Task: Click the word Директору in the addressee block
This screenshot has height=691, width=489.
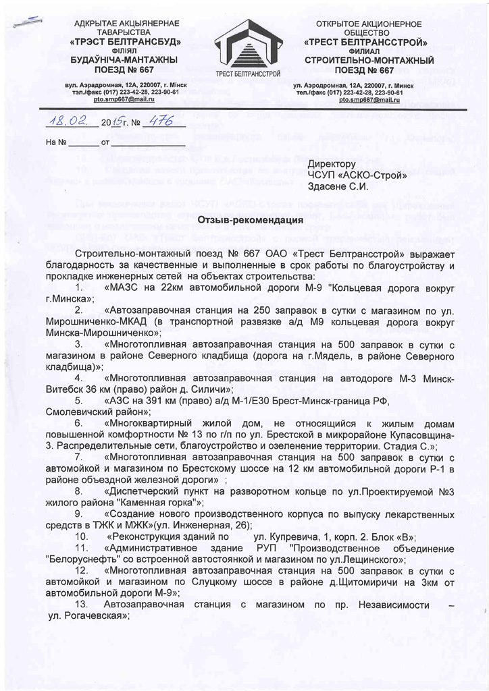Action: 331,164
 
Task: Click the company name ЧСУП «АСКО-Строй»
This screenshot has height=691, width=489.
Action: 357,175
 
